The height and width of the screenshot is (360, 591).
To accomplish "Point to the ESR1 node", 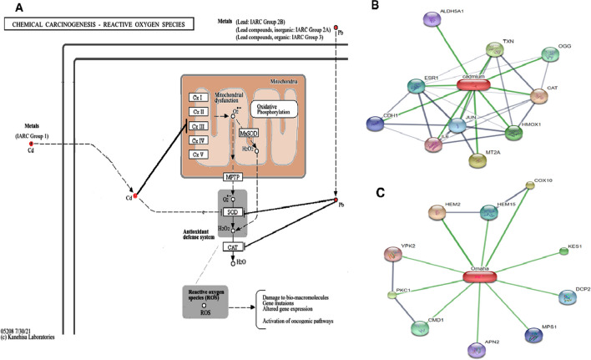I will (435, 88).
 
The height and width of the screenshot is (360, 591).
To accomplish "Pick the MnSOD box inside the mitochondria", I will (248, 133).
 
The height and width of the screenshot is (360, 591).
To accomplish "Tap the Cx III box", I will (198, 125).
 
